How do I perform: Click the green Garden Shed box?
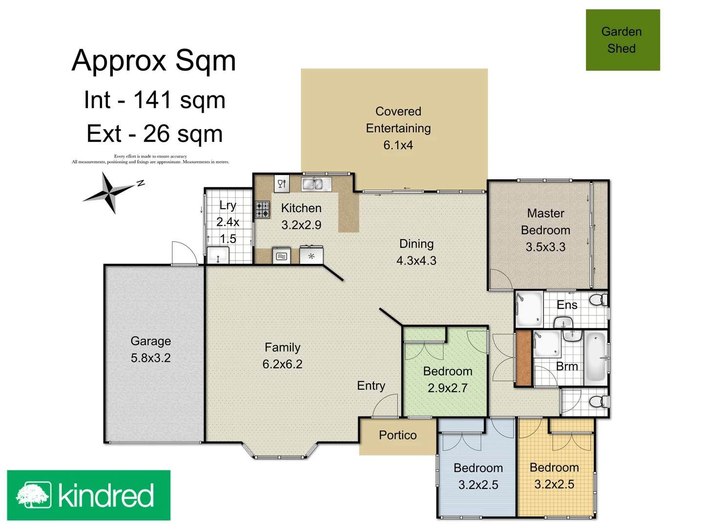click(622, 40)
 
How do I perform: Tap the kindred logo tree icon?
click(33, 495)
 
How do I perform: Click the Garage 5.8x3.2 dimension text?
click(150, 358)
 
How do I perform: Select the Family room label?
click(282, 348)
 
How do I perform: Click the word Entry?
click(371, 386)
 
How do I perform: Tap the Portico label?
click(397, 435)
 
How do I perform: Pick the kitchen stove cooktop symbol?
click(263, 209)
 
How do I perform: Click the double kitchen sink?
click(312, 184)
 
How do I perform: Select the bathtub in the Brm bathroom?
click(595, 357)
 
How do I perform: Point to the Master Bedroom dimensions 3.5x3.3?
click(545, 247)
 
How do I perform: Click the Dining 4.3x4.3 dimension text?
click(416, 261)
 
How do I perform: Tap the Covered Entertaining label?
click(398, 120)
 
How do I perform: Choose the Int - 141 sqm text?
click(154, 100)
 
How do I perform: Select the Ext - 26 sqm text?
click(154, 133)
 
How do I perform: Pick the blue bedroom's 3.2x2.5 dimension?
click(478, 485)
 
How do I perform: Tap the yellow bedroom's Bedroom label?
click(554, 468)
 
